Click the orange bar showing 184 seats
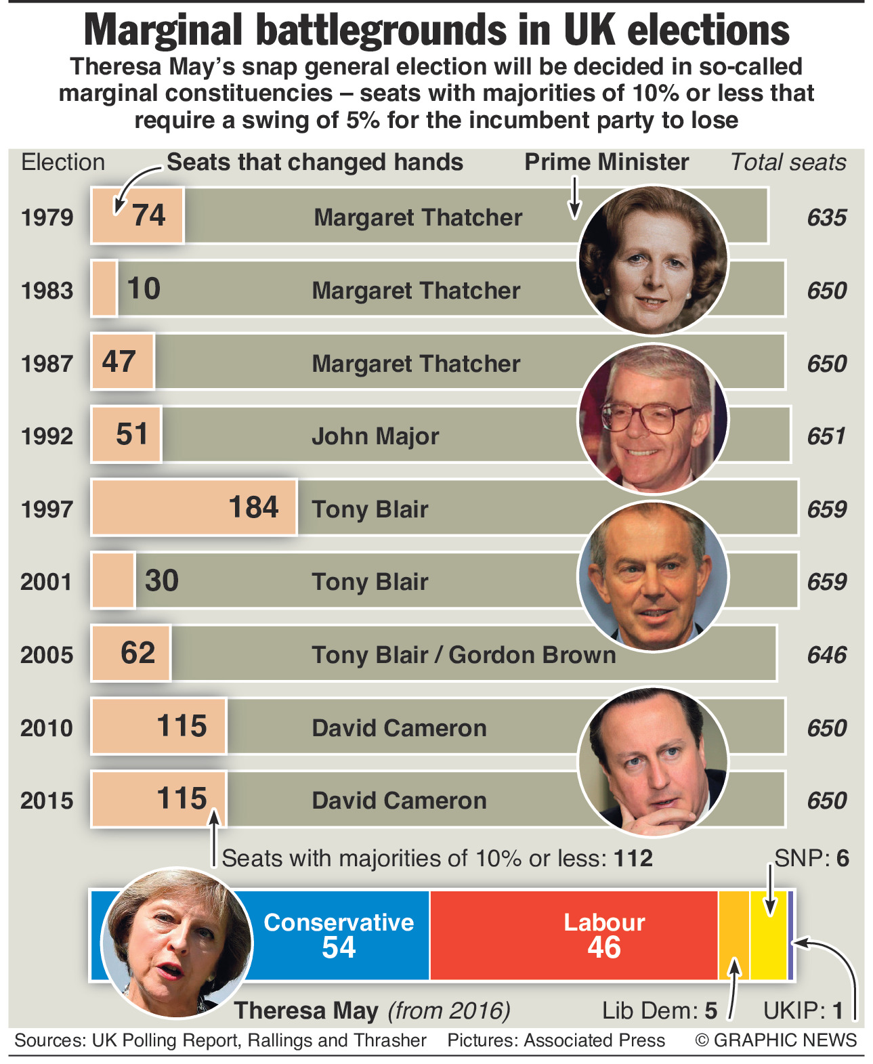pyautogui.click(x=194, y=507)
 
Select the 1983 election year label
pyautogui.click(x=47, y=291)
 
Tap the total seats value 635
pyautogui.click(x=826, y=217)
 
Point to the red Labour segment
pyautogui.click(x=573, y=935)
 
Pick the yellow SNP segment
pyautogui.click(x=768, y=935)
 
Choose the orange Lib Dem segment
pyautogui.click(x=733, y=935)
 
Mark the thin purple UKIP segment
pyautogui.click(x=790, y=935)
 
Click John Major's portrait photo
pyautogui.click(x=653, y=419)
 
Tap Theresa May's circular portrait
pyautogui.click(x=177, y=942)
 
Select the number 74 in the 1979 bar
pyautogui.click(x=148, y=215)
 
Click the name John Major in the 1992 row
pyautogui.click(x=375, y=436)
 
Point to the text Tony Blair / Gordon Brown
pyautogui.click(x=464, y=655)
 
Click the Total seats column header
pyautogui.click(x=788, y=163)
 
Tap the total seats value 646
pyautogui.click(x=826, y=655)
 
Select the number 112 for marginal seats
pyautogui.click(x=633, y=859)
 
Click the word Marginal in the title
pyautogui.click(x=163, y=30)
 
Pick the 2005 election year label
pyautogui.click(x=47, y=655)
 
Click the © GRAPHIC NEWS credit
pyautogui.click(x=775, y=1040)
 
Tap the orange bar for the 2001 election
pyautogui.click(x=113, y=580)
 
